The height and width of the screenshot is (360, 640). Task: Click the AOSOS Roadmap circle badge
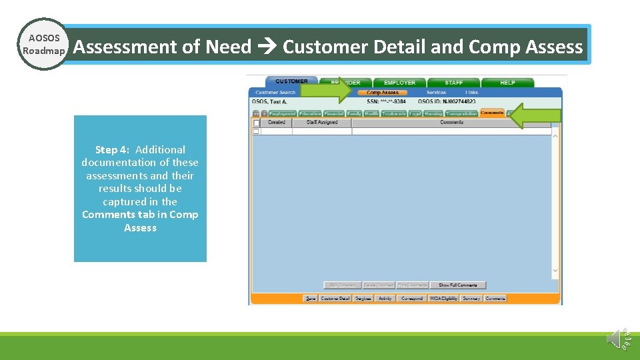(x=43, y=45)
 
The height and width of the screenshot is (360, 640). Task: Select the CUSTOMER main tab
(x=291, y=82)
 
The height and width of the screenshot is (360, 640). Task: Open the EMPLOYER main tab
(x=399, y=83)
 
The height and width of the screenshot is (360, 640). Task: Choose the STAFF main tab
(x=453, y=83)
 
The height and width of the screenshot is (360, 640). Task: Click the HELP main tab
(x=507, y=83)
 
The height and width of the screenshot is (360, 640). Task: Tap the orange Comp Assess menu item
(x=383, y=93)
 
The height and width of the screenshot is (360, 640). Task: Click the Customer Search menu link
(x=275, y=93)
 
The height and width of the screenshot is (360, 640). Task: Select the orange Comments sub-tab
(x=492, y=113)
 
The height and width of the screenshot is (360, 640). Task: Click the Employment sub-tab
(x=282, y=114)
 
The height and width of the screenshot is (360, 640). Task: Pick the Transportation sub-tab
(x=461, y=114)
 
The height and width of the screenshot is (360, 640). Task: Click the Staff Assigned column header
(x=321, y=123)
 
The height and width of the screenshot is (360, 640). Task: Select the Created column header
(x=276, y=123)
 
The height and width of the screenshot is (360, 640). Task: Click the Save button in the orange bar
(x=311, y=299)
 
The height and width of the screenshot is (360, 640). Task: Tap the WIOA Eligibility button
(x=443, y=299)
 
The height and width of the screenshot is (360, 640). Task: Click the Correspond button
(x=411, y=299)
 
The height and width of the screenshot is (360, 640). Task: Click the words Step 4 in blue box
(x=111, y=150)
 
